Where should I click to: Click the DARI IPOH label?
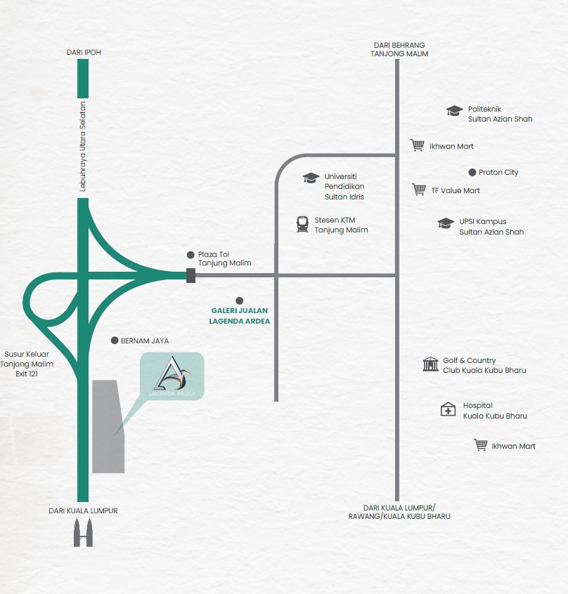click(84, 52)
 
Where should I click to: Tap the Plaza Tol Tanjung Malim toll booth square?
click(191, 275)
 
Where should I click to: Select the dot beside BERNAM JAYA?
click(115, 341)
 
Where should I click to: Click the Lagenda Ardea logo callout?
click(172, 376)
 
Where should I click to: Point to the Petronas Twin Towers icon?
click(83, 532)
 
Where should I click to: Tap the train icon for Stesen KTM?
click(302, 224)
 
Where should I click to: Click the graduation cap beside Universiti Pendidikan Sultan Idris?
click(311, 178)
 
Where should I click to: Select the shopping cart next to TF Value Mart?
click(419, 190)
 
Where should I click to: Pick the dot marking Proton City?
click(472, 172)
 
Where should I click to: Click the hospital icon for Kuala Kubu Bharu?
click(448, 409)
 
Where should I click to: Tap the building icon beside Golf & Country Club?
click(430, 364)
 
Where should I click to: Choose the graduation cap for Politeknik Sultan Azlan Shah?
click(454, 111)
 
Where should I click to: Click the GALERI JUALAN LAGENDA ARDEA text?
click(240, 315)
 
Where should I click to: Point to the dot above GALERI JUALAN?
click(239, 301)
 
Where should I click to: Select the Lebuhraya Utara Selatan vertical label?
click(83, 147)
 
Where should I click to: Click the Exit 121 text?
click(27, 374)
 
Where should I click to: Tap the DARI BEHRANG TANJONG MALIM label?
click(399, 49)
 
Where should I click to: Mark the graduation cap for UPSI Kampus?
click(446, 223)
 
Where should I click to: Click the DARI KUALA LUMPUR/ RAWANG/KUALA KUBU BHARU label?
click(399, 512)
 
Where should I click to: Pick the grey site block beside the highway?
click(108, 427)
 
